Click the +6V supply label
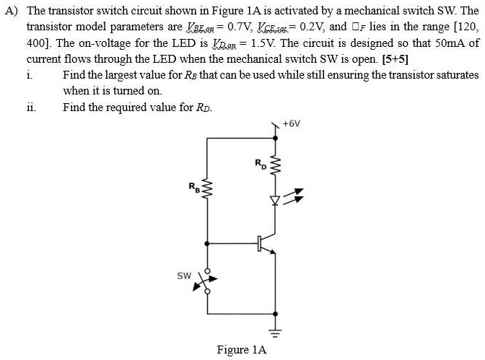pos(292,123)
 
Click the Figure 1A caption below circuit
pos(242,350)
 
